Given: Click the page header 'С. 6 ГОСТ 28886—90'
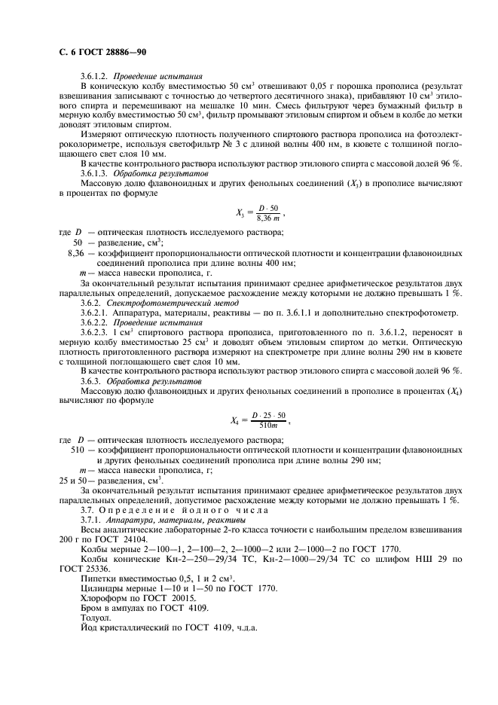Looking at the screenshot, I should click(x=102, y=53).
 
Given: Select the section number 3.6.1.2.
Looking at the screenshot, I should click(x=95, y=77).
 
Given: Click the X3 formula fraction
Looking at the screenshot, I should click(x=268, y=213).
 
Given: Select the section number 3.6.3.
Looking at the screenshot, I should click(x=91, y=381).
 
